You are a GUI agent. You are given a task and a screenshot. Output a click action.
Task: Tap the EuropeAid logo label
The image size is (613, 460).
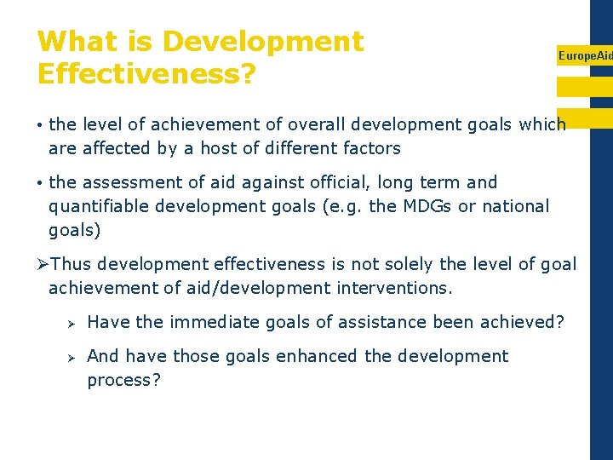click(585, 55)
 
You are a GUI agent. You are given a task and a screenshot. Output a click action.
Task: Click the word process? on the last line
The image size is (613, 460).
click(123, 380)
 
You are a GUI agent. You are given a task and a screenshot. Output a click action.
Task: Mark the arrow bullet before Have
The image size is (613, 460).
click(72, 323)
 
